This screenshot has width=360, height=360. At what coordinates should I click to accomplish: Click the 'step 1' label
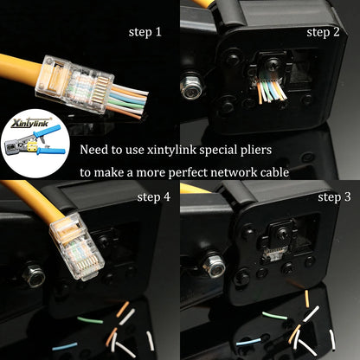pyautogui.click(x=145, y=32)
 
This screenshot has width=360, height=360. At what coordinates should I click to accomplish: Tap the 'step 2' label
pyautogui.click(x=323, y=32)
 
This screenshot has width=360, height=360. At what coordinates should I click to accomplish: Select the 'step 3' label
pyautogui.click(x=334, y=196)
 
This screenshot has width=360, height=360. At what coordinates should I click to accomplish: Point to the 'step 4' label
pyautogui.click(x=154, y=197)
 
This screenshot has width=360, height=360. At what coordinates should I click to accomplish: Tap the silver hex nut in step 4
pyautogui.click(x=35, y=277)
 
